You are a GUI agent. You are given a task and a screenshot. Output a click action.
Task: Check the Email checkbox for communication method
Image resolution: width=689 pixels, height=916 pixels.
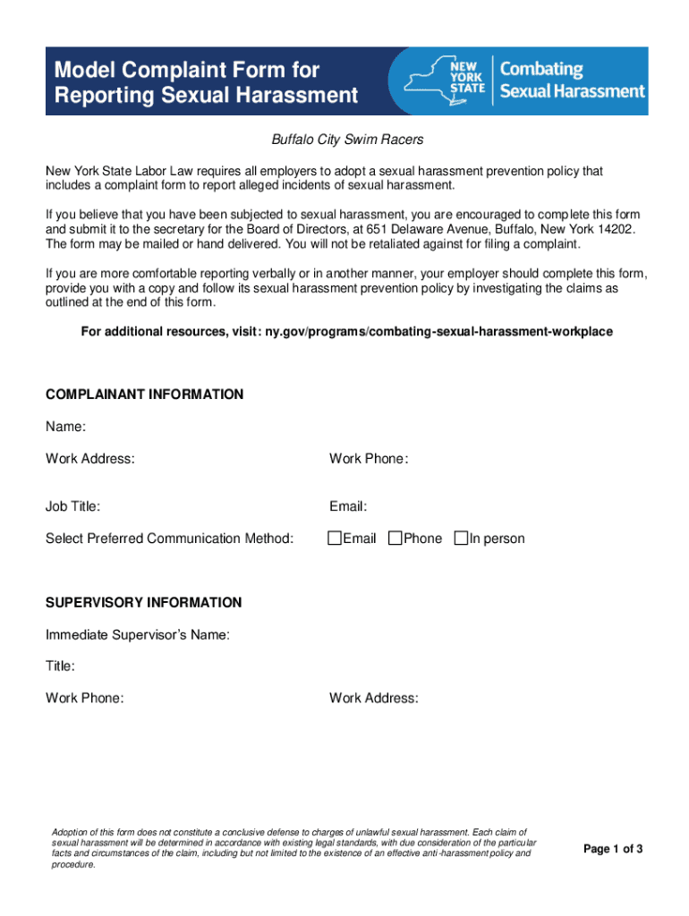335,539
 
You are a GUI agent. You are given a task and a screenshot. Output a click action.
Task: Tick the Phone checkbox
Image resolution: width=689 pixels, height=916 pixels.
395,539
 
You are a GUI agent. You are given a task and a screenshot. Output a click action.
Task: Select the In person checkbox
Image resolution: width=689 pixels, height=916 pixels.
461,539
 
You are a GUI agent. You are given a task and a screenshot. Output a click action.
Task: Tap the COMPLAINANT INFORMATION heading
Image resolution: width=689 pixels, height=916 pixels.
144,394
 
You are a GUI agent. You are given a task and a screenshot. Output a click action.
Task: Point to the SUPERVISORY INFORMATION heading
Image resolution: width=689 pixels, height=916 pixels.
143,603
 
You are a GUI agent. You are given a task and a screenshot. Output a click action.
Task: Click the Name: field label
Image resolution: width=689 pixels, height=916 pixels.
65,428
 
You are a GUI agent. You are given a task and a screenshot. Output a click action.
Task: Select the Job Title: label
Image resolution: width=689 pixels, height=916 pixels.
72,507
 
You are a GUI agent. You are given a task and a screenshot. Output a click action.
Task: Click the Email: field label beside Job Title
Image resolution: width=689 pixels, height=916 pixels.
348,507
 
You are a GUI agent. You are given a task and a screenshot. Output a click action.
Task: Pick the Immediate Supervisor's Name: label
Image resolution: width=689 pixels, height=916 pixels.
138,635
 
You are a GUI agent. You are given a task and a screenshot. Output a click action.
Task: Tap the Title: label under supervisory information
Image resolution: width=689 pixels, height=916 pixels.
61,666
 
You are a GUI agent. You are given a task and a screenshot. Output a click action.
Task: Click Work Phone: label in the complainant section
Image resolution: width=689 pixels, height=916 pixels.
369,459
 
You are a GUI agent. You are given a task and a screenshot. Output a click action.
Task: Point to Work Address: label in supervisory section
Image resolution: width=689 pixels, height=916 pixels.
373,698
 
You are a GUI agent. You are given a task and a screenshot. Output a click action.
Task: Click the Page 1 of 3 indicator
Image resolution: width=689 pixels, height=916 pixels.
613,849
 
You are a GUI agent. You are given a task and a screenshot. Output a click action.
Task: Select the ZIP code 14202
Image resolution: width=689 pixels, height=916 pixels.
621,229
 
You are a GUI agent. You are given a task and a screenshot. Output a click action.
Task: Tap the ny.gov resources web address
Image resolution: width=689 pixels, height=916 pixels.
438,332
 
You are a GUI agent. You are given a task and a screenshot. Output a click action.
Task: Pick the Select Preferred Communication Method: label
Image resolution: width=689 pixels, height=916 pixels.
169,539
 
